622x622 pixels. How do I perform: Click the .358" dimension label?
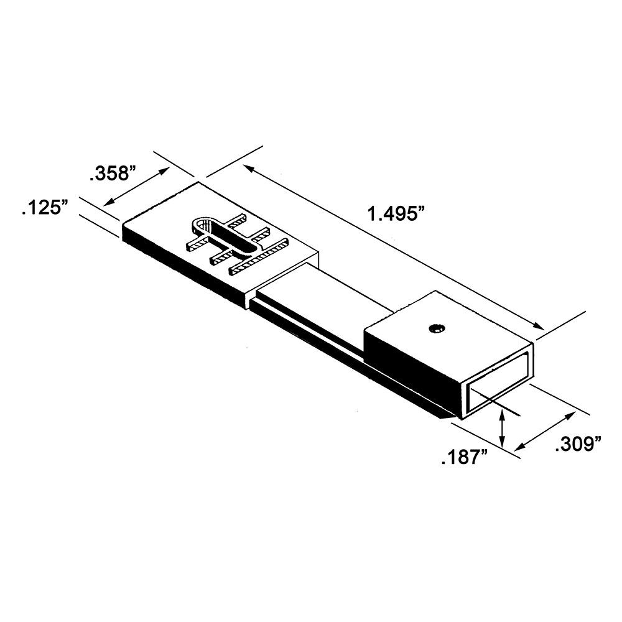112,174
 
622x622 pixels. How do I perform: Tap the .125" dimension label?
44,207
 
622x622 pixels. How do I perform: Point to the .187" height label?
463,459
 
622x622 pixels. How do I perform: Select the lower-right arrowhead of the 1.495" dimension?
540,327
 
